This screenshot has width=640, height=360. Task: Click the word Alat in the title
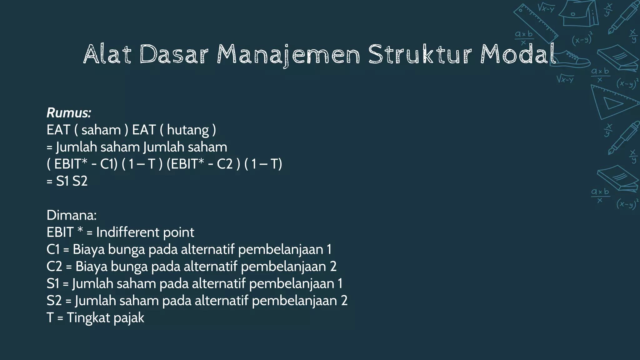pos(107,54)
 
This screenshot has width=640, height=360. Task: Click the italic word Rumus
pos(69,113)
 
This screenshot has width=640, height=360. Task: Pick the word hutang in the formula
pos(188,130)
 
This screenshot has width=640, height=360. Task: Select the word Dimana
pos(72,215)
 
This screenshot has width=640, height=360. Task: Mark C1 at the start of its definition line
pos(53,250)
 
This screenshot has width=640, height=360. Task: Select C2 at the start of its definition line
pos(54,267)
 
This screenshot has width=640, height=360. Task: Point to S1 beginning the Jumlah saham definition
pos(52,284)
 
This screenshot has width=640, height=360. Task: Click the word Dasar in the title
pos(174,54)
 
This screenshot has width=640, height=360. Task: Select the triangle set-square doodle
pos(612,102)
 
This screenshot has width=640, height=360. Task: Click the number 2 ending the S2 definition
pos(344,301)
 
